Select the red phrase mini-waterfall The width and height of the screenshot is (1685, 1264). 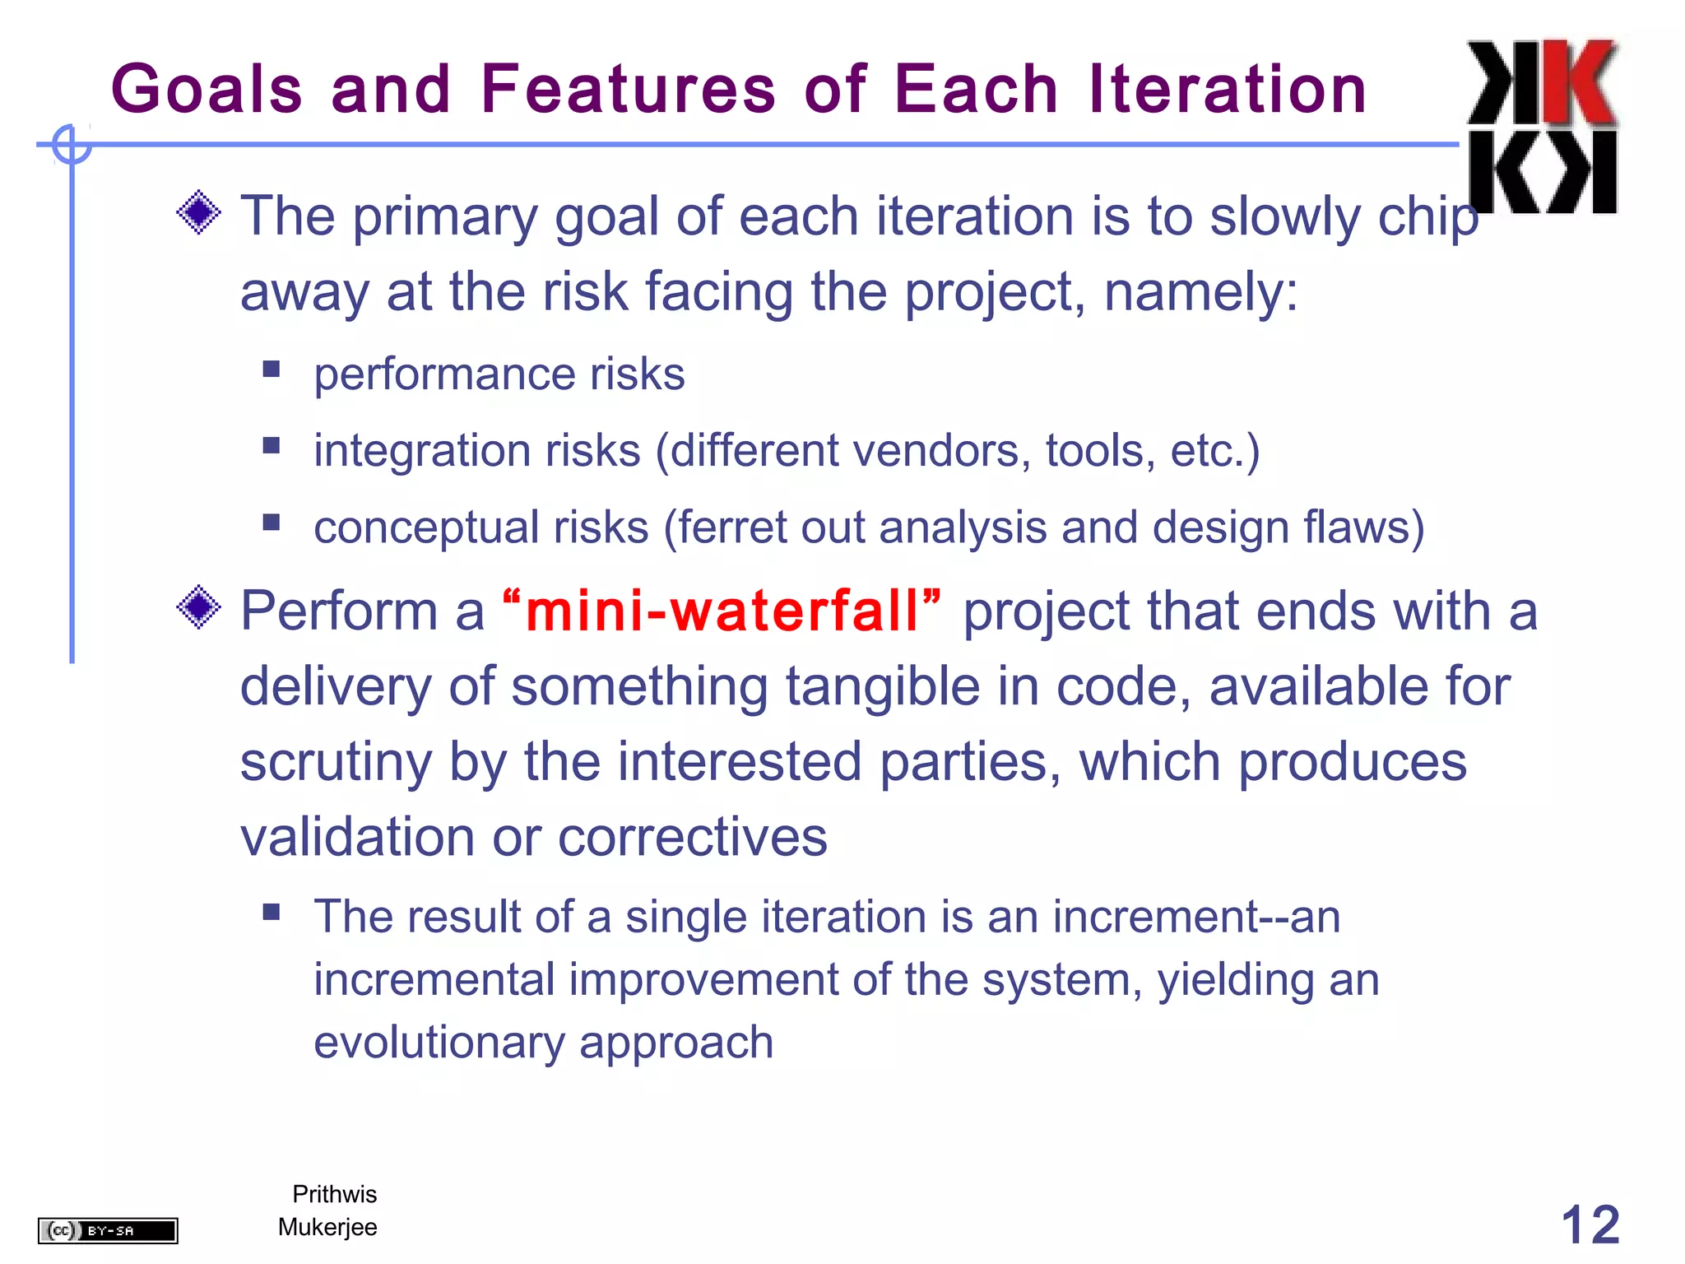(x=721, y=611)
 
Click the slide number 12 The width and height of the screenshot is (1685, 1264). (x=1590, y=1225)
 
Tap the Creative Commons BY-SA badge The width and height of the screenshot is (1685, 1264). (x=108, y=1230)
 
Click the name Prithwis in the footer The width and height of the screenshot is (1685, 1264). (x=334, y=1194)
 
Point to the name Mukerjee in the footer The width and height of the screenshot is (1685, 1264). (x=327, y=1227)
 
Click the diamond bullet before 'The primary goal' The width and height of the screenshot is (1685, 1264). (x=198, y=212)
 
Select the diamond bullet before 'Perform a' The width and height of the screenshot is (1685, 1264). (x=198, y=608)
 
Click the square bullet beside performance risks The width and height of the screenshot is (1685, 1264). (x=272, y=369)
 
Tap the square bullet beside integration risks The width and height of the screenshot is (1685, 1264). (x=272, y=445)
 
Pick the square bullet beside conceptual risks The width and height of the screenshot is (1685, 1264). (x=272, y=523)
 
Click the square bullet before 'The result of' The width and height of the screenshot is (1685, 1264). (x=272, y=912)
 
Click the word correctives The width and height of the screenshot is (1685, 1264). (x=692, y=838)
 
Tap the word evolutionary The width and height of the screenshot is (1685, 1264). (x=439, y=1043)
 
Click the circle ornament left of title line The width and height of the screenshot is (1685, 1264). (x=72, y=145)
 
